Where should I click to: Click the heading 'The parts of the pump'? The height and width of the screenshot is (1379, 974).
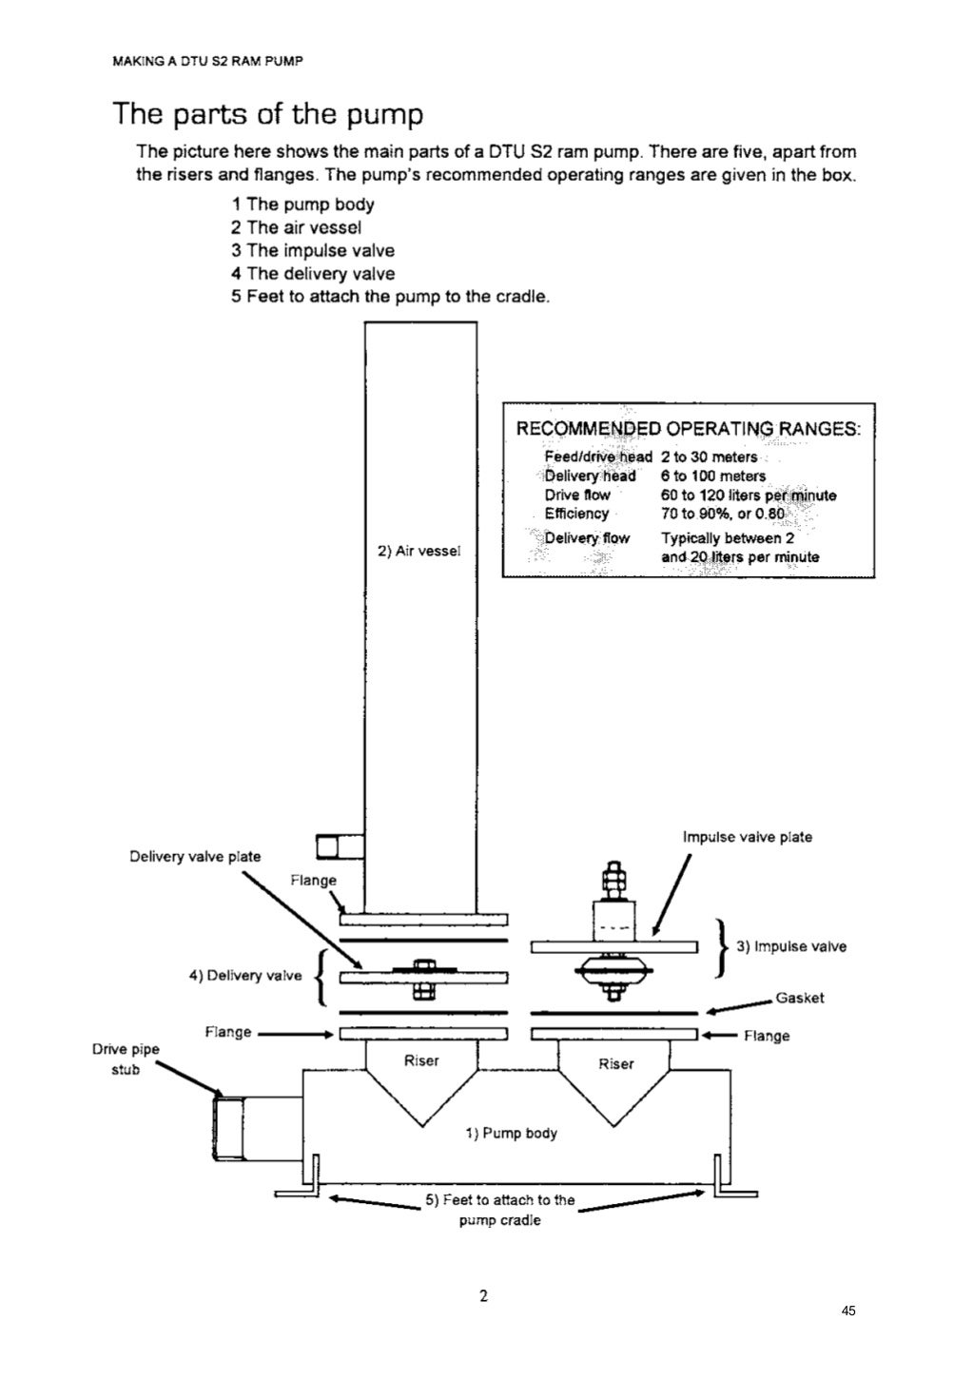267,114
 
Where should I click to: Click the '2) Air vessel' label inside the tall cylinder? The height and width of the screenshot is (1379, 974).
419,551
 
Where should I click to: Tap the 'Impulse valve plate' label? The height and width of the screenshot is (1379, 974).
747,837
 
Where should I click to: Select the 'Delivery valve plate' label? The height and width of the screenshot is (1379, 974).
194,856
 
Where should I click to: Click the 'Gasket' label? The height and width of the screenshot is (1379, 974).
799,998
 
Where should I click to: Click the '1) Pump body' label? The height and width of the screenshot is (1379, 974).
511,1133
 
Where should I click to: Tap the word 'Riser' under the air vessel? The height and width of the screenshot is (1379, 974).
421,1060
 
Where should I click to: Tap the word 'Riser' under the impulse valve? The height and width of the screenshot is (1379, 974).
615,1064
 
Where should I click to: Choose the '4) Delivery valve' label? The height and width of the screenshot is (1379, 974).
244,975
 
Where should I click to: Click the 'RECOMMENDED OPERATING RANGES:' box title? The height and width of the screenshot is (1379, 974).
688,428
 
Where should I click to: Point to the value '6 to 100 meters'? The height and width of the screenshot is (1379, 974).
712,476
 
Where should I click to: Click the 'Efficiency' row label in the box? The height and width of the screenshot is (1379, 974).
576,514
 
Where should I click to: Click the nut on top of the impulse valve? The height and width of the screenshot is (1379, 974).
613,871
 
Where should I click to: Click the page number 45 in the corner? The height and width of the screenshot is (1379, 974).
848,1311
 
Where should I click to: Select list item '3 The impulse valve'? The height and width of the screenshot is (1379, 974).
312,250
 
